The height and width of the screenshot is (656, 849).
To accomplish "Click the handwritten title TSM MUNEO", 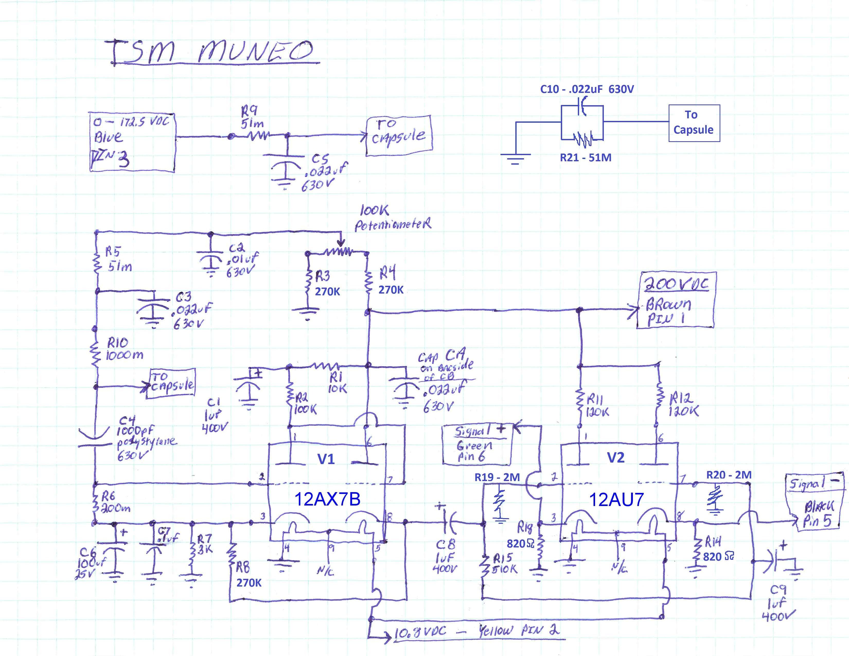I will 212,52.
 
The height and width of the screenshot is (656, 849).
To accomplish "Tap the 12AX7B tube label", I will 327,499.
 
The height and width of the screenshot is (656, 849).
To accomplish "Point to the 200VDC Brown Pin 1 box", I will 676,301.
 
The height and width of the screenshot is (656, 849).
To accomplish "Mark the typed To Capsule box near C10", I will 694,122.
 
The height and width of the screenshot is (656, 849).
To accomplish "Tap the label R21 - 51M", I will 586,158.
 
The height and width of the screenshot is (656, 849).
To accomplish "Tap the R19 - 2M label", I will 497,477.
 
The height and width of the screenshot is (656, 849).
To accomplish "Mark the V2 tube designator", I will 616,457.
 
